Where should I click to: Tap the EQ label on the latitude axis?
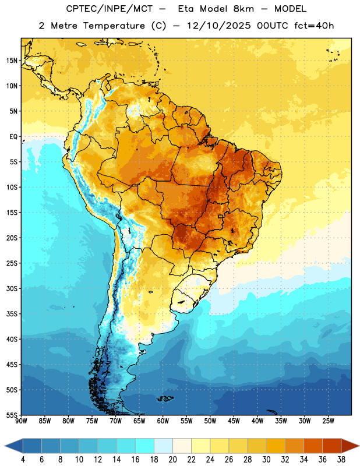point(13,137)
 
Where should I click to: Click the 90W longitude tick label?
point(21,421)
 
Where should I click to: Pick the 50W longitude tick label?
point(210,421)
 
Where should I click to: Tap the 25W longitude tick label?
point(328,421)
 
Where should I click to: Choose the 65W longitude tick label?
point(139,421)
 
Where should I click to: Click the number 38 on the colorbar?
point(341,460)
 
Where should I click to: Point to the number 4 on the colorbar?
point(23,460)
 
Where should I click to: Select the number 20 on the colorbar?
point(172,460)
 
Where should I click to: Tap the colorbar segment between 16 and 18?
point(145,446)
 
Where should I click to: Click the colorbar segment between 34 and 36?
point(313,446)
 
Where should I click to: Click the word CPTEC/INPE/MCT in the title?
point(109,9)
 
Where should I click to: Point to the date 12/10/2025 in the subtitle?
point(219,26)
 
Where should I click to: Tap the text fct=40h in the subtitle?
point(314,26)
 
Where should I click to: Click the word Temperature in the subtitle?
point(114,26)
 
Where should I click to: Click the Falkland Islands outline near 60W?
point(165,398)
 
